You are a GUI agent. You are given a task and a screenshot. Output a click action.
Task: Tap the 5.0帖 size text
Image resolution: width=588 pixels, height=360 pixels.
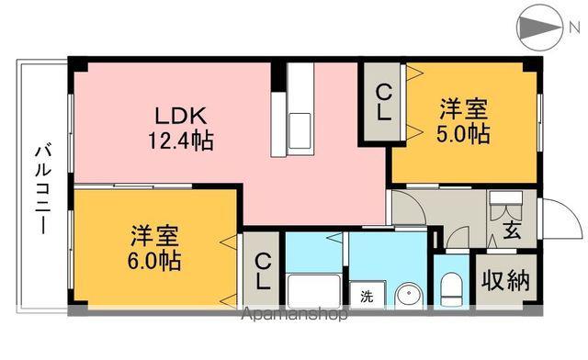click(462, 134)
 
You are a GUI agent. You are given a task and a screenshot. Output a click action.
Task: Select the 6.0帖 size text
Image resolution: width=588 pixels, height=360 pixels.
click(154, 260)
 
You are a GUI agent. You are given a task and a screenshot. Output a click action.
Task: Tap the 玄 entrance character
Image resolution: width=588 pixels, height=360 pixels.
click(512, 231)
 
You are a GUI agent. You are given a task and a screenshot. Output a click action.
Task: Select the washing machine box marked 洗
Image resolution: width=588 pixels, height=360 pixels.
click(367, 297)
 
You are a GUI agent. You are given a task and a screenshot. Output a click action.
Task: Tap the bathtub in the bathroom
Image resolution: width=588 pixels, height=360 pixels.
click(316, 292)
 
